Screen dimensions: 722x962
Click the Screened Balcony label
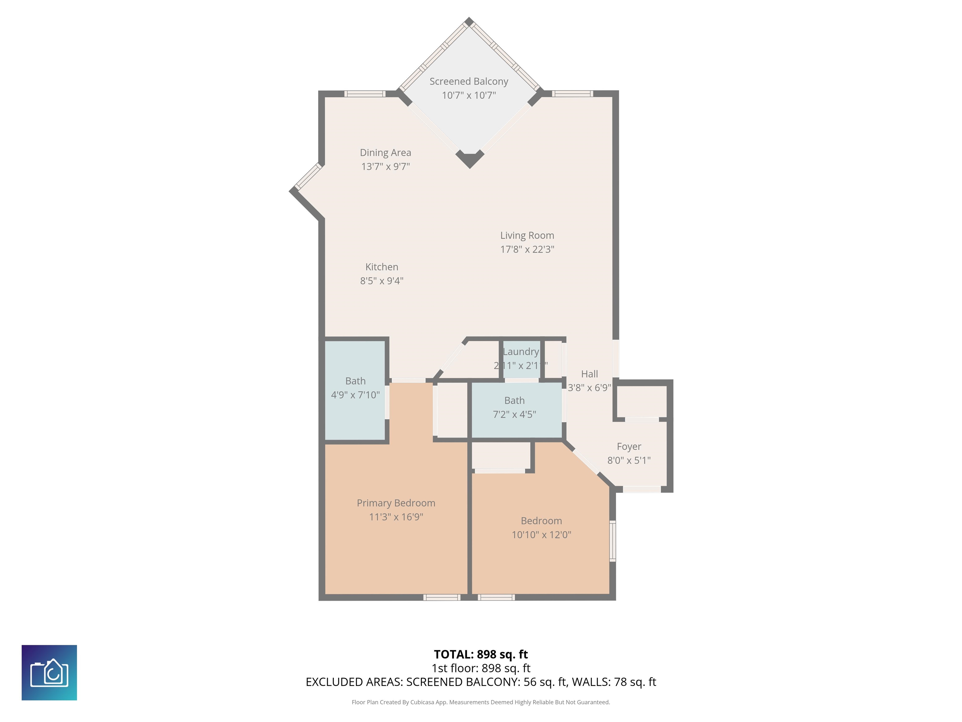pyautogui.click(x=468, y=81)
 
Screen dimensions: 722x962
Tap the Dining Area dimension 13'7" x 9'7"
pyautogui.click(x=385, y=166)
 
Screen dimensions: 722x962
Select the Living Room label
pyautogui.click(x=527, y=235)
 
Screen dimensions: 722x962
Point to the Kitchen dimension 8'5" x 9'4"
pyautogui.click(x=381, y=281)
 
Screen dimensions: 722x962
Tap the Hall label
pyautogui.click(x=589, y=374)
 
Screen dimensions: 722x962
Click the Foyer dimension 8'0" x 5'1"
pyautogui.click(x=628, y=460)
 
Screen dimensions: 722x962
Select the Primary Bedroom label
pyautogui.click(x=396, y=503)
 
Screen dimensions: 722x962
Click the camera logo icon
pyautogui.click(x=49, y=672)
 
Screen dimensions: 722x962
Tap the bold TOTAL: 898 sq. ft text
pyautogui.click(x=481, y=655)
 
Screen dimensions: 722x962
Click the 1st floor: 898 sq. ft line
pyautogui.click(x=481, y=668)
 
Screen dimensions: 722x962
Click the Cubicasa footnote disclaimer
pyautogui.click(x=481, y=702)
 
